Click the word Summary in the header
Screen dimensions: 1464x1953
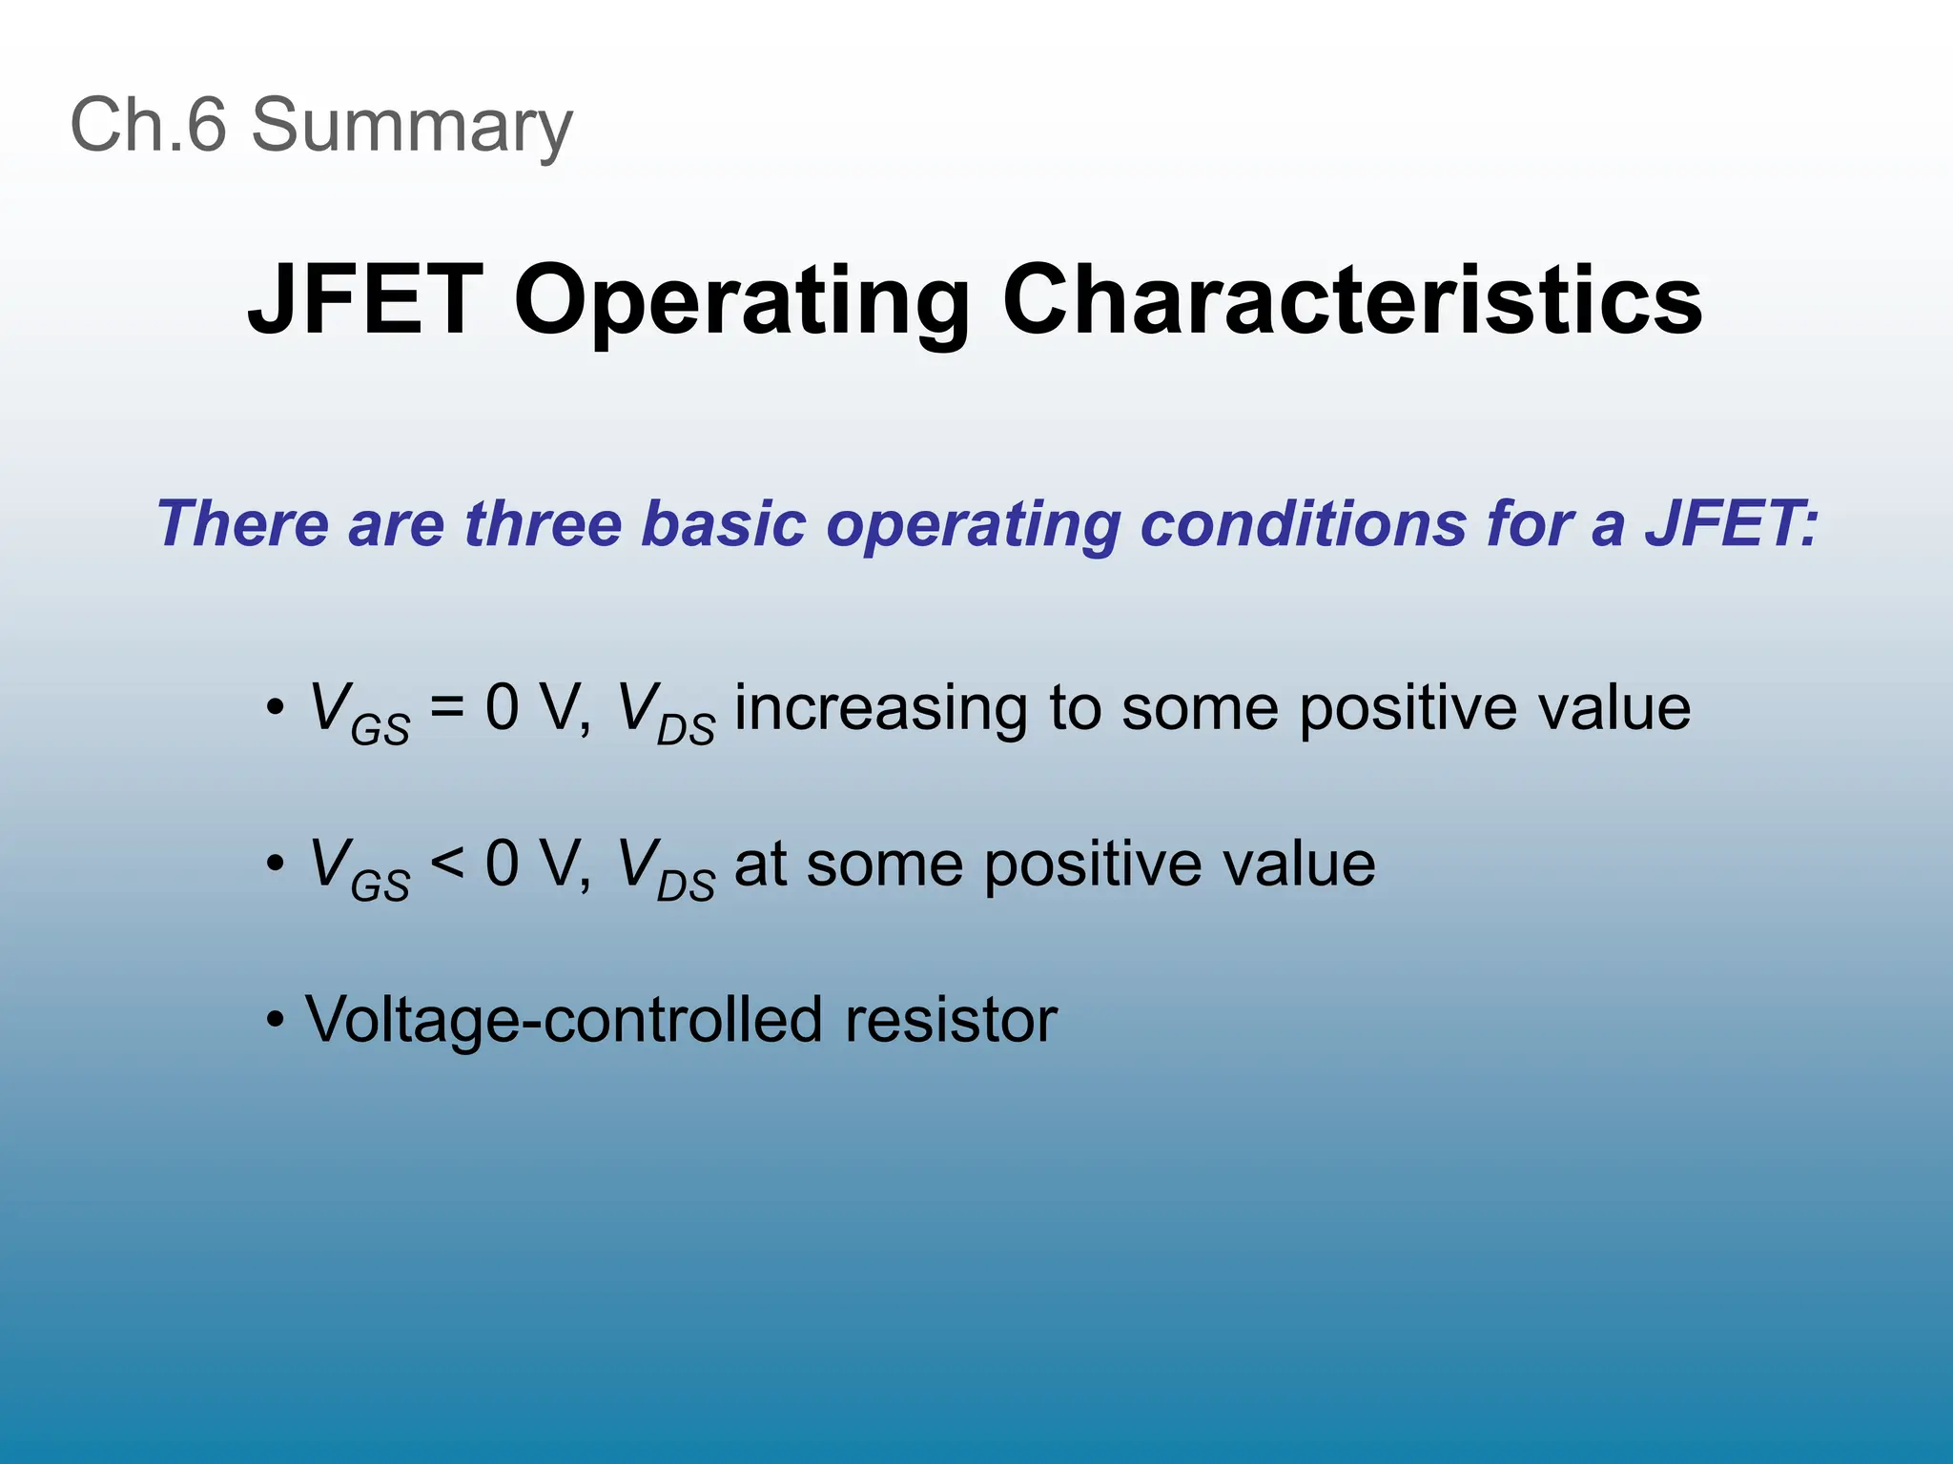pos(411,126)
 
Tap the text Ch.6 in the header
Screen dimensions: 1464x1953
pos(149,124)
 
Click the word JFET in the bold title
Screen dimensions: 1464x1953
pos(365,300)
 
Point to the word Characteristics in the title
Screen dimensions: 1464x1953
pos(1351,300)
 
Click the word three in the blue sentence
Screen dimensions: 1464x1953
pos(542,524)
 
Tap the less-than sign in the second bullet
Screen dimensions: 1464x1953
pos(447,864)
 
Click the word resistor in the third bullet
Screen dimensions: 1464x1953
pos(951,1020)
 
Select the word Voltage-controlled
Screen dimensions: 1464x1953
pos(564,1020)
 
